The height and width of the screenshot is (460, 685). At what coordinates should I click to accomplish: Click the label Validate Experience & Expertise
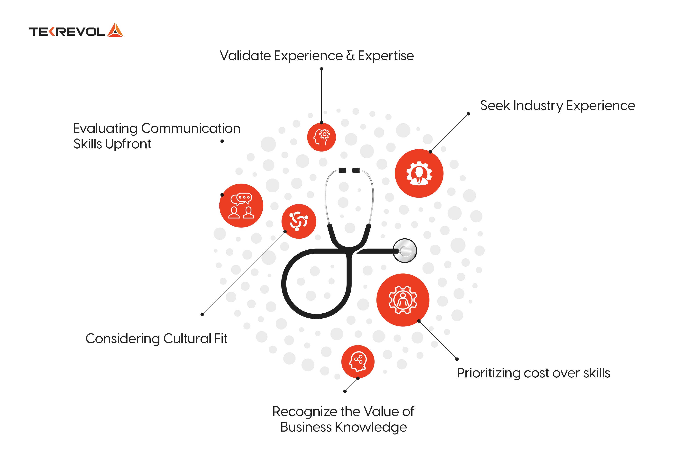pos(317,56)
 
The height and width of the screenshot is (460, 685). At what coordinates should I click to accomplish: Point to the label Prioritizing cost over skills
pos(533,373)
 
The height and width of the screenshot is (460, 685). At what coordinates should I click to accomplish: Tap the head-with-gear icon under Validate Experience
pos(321,137)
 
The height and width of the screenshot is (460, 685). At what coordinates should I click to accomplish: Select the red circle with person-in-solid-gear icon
pos(419,173)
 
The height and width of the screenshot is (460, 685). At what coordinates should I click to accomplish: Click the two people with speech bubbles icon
pos(241,206)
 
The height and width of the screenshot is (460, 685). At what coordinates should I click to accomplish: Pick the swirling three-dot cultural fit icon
pos(299,221)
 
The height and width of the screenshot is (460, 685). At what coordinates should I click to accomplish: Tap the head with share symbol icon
pos(358,362)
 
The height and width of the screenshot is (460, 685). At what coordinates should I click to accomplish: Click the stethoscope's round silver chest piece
pos(405,250)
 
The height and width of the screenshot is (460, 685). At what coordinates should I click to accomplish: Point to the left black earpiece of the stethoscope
pos(342,170)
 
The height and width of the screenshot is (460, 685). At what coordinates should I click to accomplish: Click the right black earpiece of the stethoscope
pos(356,170)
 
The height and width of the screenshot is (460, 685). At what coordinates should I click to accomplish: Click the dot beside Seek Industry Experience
pos(468,114)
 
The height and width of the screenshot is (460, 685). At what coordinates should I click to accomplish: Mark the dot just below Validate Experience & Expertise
pos(321,69)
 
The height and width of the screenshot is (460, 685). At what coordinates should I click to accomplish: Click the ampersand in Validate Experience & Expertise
pos(350,56)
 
